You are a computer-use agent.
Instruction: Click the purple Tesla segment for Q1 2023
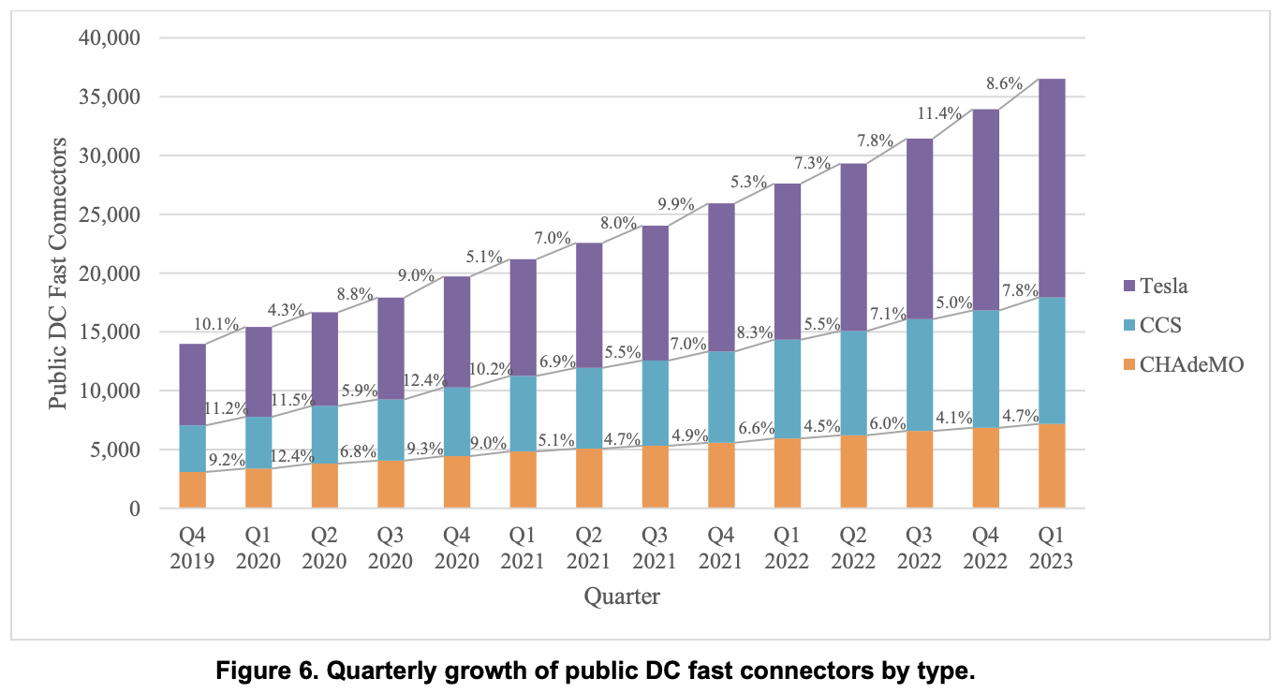(x=1052, y=187)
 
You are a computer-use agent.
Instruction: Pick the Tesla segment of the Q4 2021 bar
(x=720, y=277)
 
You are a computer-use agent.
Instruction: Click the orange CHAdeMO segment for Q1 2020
(x=258, y=488)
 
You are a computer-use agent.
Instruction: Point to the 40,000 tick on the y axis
(x=107, y=38)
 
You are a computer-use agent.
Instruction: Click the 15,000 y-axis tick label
(x=107, y=332)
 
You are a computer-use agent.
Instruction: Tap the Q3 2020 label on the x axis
(x=391, y=549)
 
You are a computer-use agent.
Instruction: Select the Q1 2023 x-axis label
(x=1052, y=549)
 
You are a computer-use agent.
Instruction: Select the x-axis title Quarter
(x=622, y=596)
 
